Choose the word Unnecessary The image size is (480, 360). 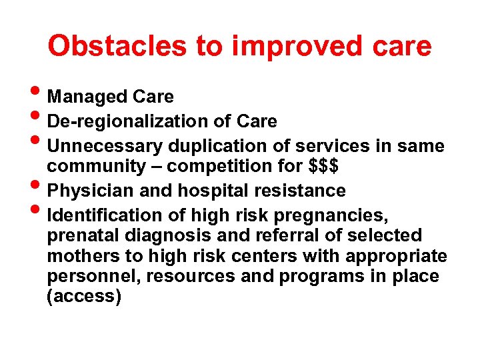(x=106, y=145)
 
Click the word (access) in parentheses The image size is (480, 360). (x=84, y=297)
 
